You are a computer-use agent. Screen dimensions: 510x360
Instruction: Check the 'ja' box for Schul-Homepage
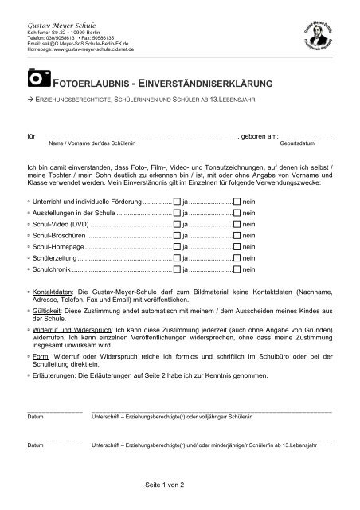click(177, 248)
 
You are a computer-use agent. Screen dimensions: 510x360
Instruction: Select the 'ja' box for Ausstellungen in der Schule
click(177, 214)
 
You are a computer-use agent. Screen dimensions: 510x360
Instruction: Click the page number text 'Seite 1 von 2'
click(165, 484)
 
